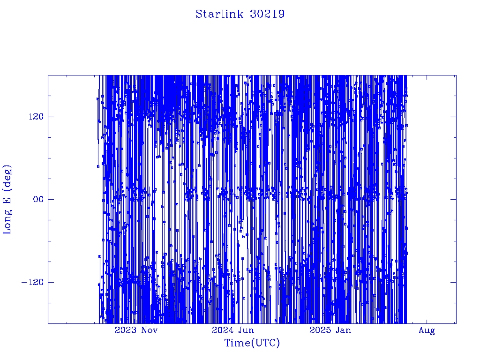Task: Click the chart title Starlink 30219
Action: click(240, 14)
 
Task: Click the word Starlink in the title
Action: click(219, 14)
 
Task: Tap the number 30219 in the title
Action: click(267, 14)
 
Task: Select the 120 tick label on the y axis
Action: click(36, 117)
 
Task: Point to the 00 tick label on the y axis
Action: click(39, 199)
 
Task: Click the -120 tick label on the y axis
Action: click(33, 282)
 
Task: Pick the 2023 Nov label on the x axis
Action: click(136, 330)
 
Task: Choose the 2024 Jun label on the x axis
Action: click(233, 330)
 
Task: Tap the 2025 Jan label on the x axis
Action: click(330, 330)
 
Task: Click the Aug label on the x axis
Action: click(427, 330)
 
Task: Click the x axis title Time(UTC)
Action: click(252, 343)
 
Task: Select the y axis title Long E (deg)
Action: click(7, 200)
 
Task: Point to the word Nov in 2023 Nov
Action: click(150, 330)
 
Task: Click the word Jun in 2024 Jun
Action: click(246, 330)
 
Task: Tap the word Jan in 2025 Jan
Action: click(344, 330)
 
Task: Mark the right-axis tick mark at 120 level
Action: click(453, 117)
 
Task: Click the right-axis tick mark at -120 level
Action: click(453, 282)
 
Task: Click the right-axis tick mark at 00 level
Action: click(453, 199)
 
